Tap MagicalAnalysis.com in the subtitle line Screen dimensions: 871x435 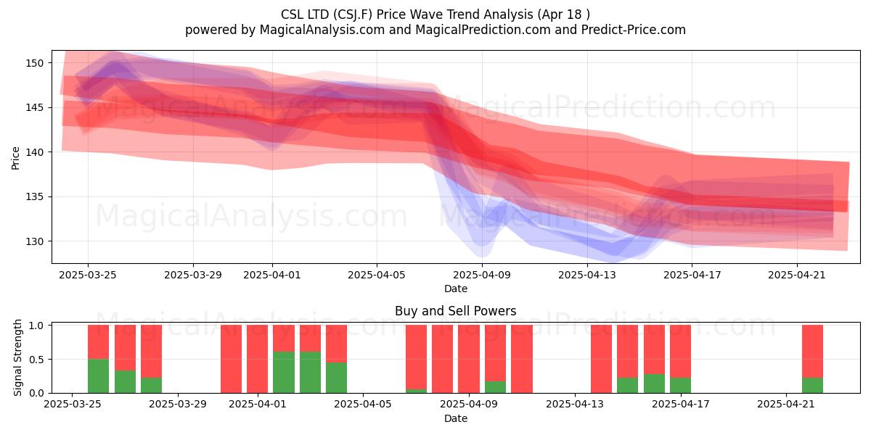pos(322,30)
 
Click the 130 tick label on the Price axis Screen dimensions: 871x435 pos(35,241)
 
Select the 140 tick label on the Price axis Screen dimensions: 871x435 pos(35,152)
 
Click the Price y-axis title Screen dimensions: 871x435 pos(15,158)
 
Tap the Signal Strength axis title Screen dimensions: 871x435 pos(17,357)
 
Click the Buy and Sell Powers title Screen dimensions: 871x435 pos(455,311)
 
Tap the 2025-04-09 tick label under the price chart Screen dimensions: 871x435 pos(482,275)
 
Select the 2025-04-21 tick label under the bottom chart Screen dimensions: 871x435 pos(786,404)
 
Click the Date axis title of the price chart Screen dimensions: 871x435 pos(456,289)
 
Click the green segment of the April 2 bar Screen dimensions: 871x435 pos(284,372)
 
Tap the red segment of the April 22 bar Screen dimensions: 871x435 pos(813,351)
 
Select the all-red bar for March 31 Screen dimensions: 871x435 pos(231,359)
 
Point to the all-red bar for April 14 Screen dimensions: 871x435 pos(601,359)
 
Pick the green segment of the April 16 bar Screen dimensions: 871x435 pos(654,384)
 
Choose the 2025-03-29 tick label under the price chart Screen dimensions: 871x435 pos(193,275)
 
